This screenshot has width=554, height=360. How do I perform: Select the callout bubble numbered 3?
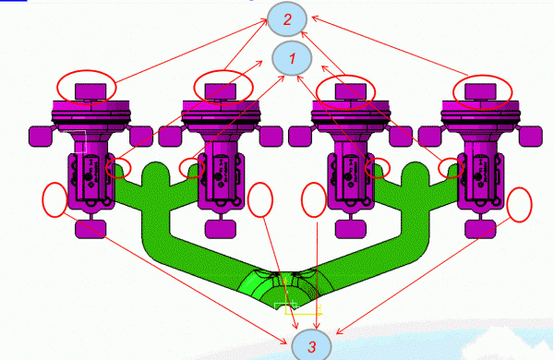point(312,346)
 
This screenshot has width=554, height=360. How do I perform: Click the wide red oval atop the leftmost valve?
point(89,88)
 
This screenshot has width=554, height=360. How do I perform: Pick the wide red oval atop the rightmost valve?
point(484,90)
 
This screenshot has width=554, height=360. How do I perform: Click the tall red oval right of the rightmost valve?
point(520,204)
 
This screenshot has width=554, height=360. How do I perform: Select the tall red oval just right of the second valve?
point(261,199)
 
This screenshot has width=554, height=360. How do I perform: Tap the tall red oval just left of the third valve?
point(315,201)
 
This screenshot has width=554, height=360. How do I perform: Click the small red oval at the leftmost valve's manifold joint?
point(117,168)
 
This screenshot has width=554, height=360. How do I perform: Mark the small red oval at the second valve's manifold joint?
point(192,168)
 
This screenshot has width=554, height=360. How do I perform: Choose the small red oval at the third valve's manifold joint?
point(378,168)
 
